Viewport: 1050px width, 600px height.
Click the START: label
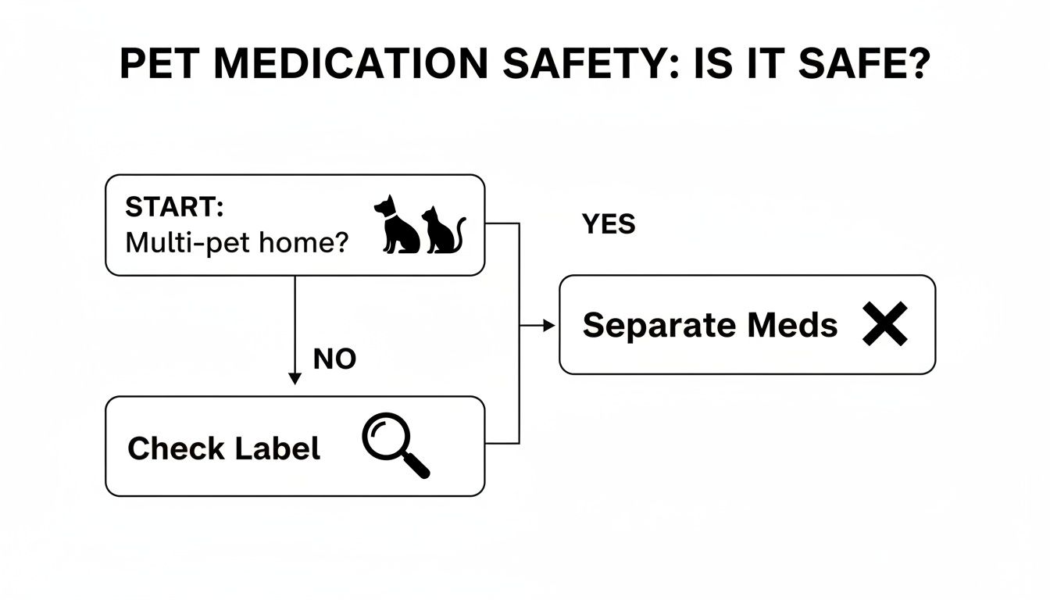[174, 208]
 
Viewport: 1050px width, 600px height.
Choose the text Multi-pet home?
[236, 243]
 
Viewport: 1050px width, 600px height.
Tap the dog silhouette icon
[396, 225]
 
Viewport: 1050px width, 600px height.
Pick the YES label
[609, 225]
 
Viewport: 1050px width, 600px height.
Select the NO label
[334, 359]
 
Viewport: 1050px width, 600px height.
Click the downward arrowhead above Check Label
[295, 379]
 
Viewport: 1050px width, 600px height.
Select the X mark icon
[885, 324]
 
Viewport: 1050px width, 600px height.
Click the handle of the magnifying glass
[418, 467]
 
